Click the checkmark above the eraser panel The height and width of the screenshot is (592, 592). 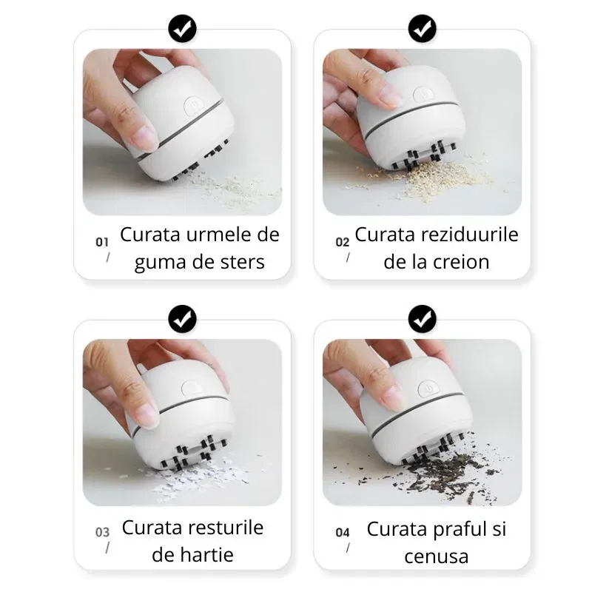[182, 29]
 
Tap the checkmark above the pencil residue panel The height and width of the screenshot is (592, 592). [423, 29]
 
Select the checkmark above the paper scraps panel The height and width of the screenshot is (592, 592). [182, 319]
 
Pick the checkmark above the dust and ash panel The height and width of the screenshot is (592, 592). [423, 319]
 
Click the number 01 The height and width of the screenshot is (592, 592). [102, 242]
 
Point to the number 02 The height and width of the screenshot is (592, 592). [343, 242]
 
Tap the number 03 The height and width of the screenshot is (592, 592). [102, 532]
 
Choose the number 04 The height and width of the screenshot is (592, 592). [343, 532]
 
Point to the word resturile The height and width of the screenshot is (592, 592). [226, 528]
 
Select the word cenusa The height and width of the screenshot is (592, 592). [437, 556]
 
